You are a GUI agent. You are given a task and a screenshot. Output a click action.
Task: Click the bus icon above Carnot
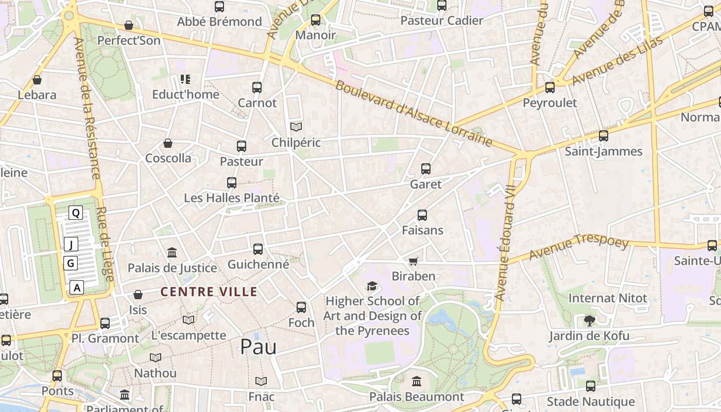click(257, 87)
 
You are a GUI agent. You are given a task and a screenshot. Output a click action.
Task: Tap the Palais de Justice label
click(172, 268)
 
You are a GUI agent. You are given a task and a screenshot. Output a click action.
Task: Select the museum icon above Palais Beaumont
click(417, 382)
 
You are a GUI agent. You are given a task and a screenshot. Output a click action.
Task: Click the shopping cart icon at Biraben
click(413, 262)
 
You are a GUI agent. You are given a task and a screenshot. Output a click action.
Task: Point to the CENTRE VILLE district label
click(209, 292)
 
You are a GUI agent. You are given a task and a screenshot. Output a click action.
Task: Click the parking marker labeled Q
click(76, 213)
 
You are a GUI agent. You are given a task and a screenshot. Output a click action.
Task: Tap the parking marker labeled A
click(77, 287)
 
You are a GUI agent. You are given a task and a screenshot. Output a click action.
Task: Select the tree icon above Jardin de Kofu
click(590, 321)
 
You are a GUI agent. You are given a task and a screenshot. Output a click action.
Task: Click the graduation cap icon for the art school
click(372, 286)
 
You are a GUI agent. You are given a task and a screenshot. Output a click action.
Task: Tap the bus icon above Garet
click(426, 168)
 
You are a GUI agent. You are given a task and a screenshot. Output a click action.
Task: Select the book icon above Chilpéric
click(296, 127)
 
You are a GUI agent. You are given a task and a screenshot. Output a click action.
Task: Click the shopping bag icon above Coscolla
click(168, 143)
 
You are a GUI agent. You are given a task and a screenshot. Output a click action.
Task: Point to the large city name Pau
click(258, 347)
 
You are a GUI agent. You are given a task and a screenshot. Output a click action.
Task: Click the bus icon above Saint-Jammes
click(603, 136)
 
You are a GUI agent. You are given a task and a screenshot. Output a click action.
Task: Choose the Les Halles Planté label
click(232, 198)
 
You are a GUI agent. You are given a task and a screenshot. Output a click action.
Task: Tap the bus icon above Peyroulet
click(550, 87)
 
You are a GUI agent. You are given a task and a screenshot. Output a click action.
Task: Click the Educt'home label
click(185, 94)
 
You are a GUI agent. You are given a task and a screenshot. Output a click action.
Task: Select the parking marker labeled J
click(71, 244)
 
